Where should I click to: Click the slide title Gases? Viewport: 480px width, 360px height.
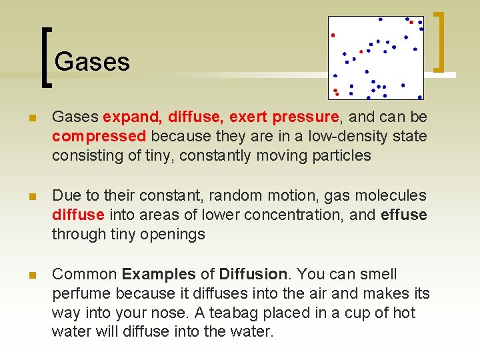click(92, 62)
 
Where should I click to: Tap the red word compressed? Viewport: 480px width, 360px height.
click(99, 137)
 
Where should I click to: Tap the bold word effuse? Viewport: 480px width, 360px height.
click(403, 215)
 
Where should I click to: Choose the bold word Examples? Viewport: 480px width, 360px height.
click(159, 275)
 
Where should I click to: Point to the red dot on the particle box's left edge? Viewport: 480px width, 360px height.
click(333, 35)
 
